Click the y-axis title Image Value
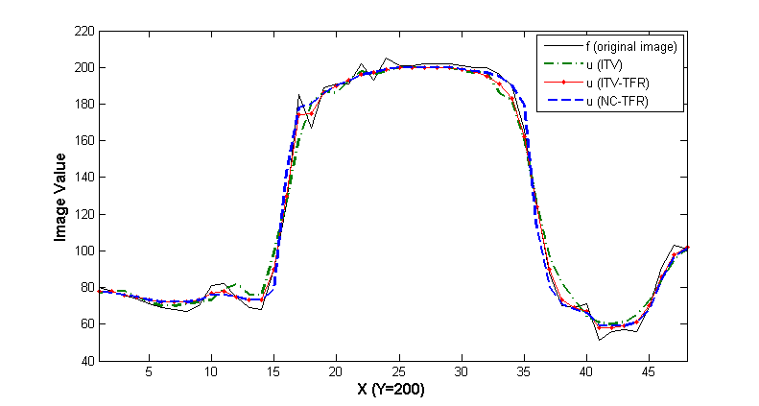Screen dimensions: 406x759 click(59, 196)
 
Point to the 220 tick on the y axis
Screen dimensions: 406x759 click(83, 32)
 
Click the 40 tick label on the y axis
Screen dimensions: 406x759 click(86, 361)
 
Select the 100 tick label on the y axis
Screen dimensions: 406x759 click(83, 251)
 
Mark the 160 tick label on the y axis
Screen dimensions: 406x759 click(83, 141)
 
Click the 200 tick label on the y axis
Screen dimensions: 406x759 click(83, 68)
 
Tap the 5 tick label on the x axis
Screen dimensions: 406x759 click(149, 371)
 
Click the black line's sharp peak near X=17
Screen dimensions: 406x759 click(299, 95)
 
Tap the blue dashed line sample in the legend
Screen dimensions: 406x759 click(562, 101)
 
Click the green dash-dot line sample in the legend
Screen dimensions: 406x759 click(562, 64)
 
